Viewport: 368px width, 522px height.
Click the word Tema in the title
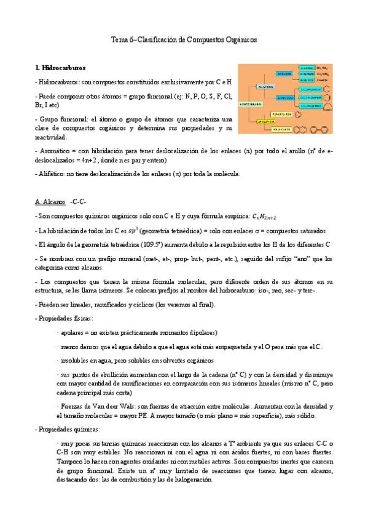point(117,39)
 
